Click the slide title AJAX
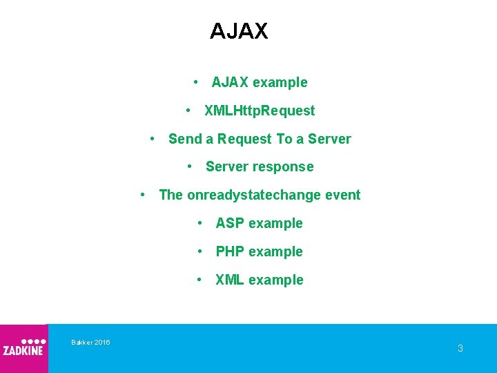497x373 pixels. coord(239,31)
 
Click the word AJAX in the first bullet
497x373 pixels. coord(230,83)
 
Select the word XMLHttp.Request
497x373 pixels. coord(260,111)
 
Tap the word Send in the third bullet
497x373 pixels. coord(184,139)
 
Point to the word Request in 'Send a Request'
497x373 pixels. coord(244,139)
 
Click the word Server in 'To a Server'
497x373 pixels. coord(329,139)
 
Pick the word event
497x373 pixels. coord(343,195)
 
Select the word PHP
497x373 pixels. coord(230,252)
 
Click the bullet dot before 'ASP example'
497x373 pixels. coord(199,223)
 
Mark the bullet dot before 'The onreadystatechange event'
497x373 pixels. coord(143,195)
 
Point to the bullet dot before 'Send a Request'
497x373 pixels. coord(153,138)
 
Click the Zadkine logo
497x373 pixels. coord(23,347)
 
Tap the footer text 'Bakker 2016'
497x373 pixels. coord(90,343)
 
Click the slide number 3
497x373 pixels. coord(460,348)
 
